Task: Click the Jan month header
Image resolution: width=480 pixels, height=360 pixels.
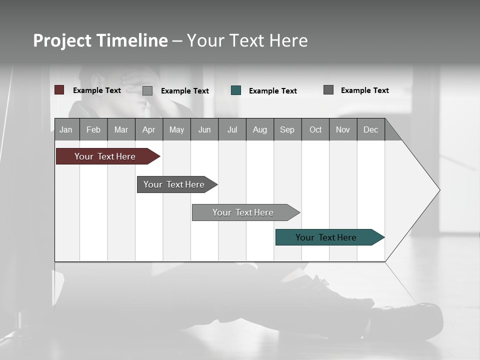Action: coord(66,129)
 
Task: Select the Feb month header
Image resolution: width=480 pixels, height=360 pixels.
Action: coord(93,129)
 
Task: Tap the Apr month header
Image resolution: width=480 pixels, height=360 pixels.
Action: coord(148,129)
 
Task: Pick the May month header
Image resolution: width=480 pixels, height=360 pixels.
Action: coord(176,129)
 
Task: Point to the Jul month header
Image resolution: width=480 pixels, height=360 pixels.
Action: coord(232,129)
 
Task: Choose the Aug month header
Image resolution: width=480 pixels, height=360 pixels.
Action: coord(259,129)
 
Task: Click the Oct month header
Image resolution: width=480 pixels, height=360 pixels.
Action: coord(315,129)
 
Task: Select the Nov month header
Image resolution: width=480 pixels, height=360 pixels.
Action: coord(343,129)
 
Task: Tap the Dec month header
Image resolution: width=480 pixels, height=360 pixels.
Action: coord(370,129)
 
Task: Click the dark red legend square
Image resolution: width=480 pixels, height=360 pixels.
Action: coord(59,90)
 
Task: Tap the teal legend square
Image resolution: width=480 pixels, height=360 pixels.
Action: coord(236,90)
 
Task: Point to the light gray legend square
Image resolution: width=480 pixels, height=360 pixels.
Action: coord(147,90)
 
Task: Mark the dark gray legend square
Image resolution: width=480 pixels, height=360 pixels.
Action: coord(328,90)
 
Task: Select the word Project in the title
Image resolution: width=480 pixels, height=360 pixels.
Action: coord(61,40)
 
